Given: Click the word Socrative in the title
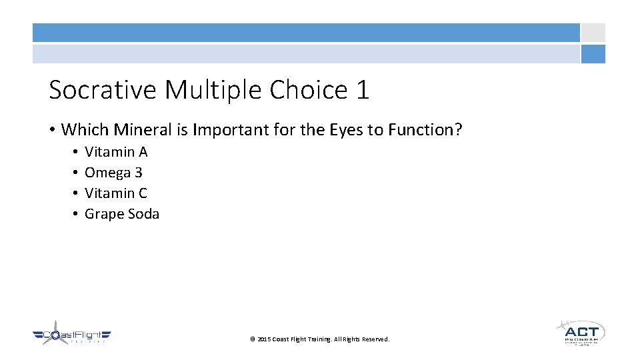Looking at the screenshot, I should point(103,90).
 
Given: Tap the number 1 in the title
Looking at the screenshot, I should point(362,90).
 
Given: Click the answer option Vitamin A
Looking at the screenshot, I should point(116,152).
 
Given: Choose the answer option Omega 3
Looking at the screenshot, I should point(113,173).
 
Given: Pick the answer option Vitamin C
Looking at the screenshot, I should point(116,193).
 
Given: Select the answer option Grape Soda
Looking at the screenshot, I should point(122,214).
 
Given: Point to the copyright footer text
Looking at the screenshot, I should point(319,339).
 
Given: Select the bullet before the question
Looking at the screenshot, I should point(52,130).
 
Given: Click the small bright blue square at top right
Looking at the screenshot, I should point(593,54).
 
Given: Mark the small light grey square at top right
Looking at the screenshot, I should point(593,33).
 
